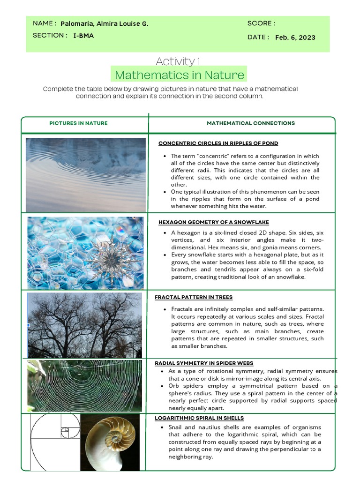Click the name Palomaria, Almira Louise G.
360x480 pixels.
(104, 24)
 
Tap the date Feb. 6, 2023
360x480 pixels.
(295, 37)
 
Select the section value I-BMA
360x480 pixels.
(83, 36)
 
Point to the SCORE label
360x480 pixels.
(261, 23)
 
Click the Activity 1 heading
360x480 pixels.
(178, 61)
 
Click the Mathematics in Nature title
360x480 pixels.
(179, 75)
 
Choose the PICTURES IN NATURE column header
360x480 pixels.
(78, 123)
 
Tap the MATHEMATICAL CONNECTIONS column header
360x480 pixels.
(251, 123)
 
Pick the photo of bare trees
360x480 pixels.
(84, 325)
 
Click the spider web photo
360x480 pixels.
(84, 385)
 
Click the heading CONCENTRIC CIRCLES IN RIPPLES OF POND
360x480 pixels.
(218, 143)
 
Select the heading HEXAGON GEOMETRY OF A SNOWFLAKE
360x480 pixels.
(213, 222)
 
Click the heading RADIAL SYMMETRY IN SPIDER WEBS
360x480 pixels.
(204, 363)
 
